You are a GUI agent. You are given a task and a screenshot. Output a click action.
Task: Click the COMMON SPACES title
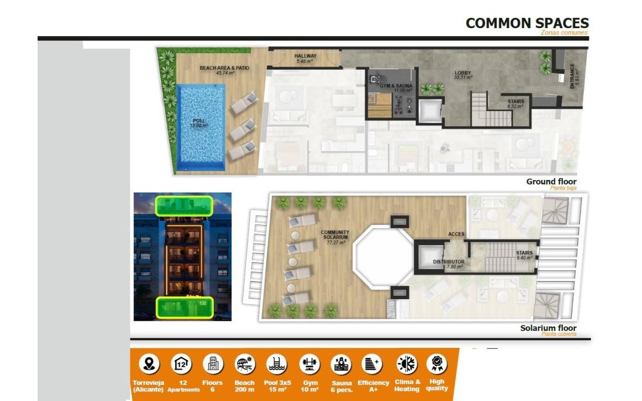click(527, 23)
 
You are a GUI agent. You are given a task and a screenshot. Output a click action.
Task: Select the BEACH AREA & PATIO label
click(224, 68)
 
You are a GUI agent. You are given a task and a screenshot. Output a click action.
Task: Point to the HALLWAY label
click(305, 56)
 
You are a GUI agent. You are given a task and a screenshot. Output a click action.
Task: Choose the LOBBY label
click(462, 73)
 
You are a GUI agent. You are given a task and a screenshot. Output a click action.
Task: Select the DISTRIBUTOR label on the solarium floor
click(448, 262)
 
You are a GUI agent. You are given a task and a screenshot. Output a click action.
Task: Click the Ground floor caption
click(551, 181)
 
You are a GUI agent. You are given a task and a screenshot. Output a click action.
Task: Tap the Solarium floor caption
click(548, 328)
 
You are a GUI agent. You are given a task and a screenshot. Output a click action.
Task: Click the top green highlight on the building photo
click(184, 206)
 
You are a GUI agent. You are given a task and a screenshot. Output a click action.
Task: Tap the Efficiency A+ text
click(373, 385)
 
